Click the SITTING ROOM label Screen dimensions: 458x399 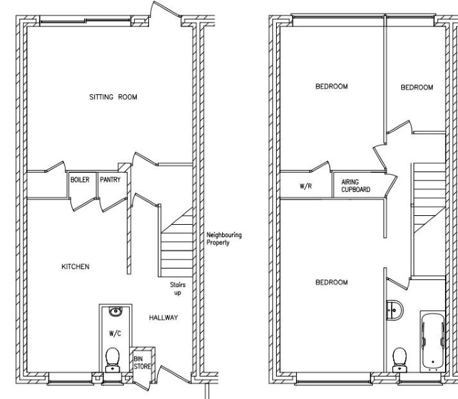point(113,97)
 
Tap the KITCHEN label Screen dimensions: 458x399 point(75,266)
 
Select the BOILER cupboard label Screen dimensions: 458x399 point(80,180)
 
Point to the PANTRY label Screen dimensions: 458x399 point(110,180)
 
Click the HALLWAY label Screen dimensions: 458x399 point(163,318)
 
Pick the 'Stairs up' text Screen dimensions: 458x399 point(178,288)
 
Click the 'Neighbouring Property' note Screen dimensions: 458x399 point(224,238)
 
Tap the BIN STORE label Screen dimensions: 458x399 point(142,362)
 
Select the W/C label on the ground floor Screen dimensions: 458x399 point(115,333)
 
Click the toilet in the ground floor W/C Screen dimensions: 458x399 point(113,359)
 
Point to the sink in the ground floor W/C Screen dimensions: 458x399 point(116,311)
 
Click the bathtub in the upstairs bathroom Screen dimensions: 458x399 point(433,342)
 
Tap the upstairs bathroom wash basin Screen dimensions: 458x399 point(394,310)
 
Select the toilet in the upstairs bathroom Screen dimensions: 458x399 point(400,359)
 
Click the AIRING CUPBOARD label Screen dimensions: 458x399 point(355,186)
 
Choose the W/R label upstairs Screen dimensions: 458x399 point(306,186)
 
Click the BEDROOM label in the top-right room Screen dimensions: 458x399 point(417,87)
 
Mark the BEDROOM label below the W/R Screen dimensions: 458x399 point(332,282)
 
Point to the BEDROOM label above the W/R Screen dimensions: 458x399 point(332,86)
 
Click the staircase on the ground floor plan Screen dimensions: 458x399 point(176,243)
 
